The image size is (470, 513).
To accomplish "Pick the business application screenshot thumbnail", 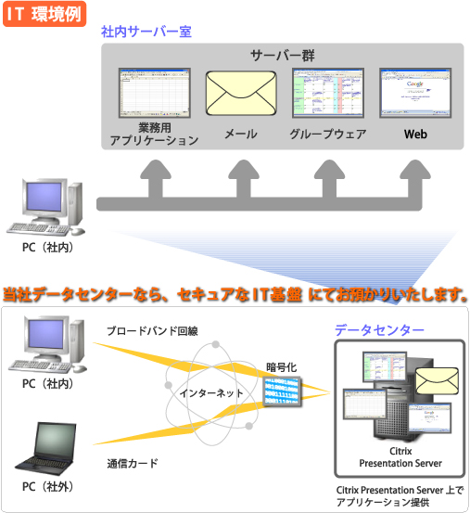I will tap(154, 93).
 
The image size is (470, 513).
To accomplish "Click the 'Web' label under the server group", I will tap(414, 134).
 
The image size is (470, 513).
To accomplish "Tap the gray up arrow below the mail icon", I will tap(241, 174).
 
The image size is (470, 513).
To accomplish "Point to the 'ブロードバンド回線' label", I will tap(151, 331).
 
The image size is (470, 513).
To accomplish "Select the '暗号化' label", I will tap(282, 366).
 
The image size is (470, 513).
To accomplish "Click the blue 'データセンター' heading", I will tap(380, 329).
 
